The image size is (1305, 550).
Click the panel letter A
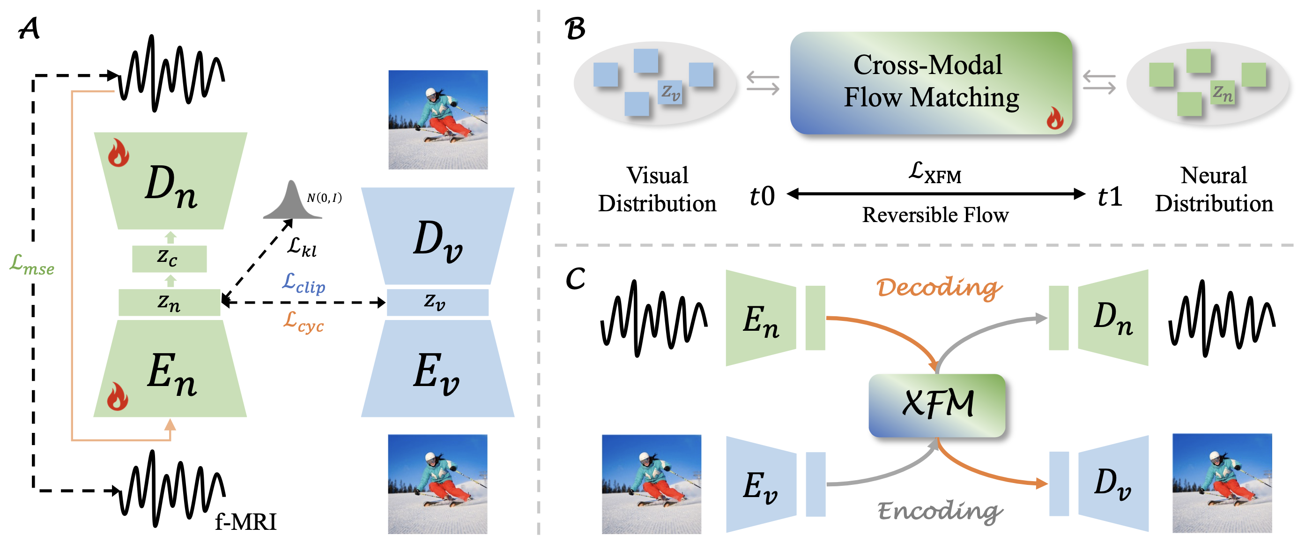[29, 29]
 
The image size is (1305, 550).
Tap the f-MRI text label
[246, 521]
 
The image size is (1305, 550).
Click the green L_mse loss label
[31, 264]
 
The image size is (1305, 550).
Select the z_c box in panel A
[169, 258]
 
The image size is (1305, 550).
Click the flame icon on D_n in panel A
[118, 153]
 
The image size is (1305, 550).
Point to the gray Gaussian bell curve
[292, 202]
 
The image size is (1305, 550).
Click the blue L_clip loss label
[303, 283]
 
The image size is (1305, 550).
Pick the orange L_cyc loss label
[303, 321]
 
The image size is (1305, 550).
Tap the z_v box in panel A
[437, 302]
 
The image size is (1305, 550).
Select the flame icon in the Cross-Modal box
[1055, 119]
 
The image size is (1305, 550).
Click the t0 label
[762, 196]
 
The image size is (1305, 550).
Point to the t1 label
[1110, 196]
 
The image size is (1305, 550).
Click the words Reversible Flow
[934, 215]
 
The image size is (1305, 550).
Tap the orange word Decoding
[939, 287]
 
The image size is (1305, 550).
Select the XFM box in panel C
[936, 405]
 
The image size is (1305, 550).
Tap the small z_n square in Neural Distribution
[1222, 93]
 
